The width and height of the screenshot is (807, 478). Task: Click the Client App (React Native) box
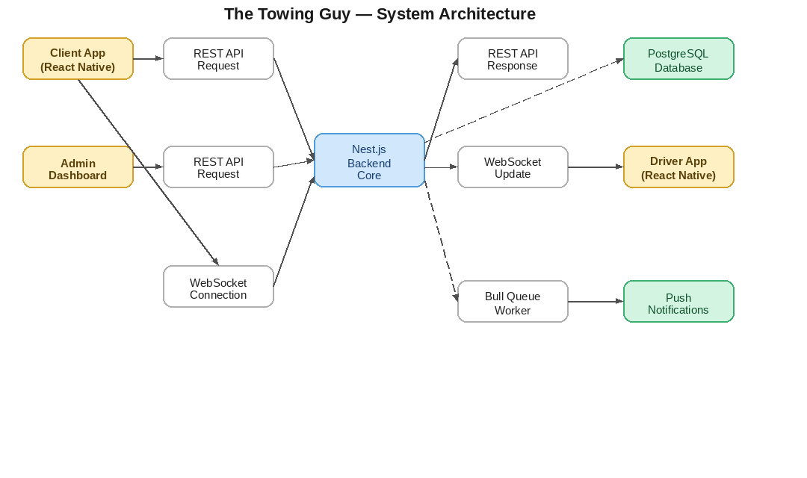click(x=78, y=59)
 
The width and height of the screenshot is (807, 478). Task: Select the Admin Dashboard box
click(x=78, y=167)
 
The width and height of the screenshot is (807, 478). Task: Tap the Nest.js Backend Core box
click(x=369, y=161)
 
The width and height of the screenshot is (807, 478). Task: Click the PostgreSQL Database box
click(x=678, y=59)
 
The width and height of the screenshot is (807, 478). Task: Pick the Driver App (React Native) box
click(x=678, y=167)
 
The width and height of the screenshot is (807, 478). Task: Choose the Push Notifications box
click(x=678, y=302)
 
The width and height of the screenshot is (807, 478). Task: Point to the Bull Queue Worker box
click(x=513, y=302)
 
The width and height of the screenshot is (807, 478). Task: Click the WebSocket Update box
click(x=513, y=167)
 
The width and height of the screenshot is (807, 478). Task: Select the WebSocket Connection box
click(x=218, y=287)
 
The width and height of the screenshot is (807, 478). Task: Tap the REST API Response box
click(x=513, y=59)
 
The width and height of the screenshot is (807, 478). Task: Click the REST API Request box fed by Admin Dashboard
click(x=218, y=167)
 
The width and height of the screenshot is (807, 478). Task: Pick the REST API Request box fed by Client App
click(x=218, y=59)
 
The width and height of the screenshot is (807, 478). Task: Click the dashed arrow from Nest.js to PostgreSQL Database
click(x=523, y=99)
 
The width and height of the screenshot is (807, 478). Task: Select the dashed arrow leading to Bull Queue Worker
click(x=441, y=243)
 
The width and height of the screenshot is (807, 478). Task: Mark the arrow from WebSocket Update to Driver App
click(x=596, y=167)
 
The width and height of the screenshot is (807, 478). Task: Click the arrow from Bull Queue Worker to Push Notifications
click(x=596, y=302)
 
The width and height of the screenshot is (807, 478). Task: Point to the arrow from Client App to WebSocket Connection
click(x=148, y=172)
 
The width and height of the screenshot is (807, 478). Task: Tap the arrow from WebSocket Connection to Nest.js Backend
click(x=294, y=232)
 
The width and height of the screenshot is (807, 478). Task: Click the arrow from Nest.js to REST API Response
click(x=441, y=109)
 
